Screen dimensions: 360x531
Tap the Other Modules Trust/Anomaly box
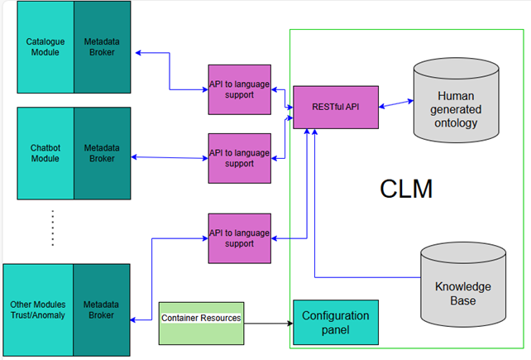coord(38,309)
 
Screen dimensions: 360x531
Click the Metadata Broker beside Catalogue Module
coord(102,47)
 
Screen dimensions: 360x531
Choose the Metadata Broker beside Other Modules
coord(102,309)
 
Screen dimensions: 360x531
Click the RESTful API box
coord(336,106)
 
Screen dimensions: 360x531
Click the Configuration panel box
coord(336,323)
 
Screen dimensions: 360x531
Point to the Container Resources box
coord(201,318)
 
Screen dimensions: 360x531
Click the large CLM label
coord(406,189)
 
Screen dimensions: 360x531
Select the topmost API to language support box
coord(240,89)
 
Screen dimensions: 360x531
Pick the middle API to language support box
coord(240,157)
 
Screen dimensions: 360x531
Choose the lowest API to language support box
coord(240,238)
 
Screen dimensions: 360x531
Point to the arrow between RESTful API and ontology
coord(395,103)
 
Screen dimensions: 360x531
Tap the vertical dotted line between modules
coord(51,228)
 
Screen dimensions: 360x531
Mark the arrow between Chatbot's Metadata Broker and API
coord(170,157)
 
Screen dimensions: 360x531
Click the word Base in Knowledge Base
coord(463,300)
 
